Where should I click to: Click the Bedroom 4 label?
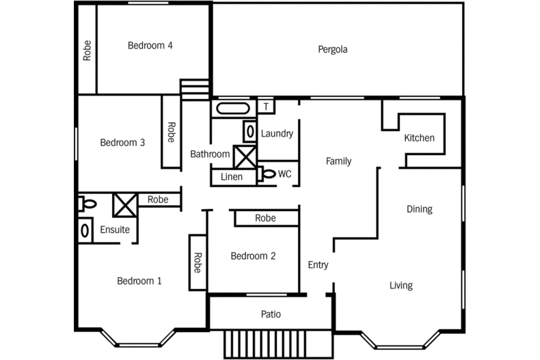pos(150,46)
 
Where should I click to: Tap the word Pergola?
pos(333,49)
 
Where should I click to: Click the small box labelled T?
pos(266,107)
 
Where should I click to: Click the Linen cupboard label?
pos(232,177)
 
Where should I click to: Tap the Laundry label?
pos(277,133)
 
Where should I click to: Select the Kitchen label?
pos(419,138)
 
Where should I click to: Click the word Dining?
pos(419,209)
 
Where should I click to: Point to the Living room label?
pos(401,286)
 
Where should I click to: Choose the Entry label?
pos(318,265)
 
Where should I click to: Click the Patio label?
pos(271,315)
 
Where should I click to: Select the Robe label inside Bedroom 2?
pos(265,218)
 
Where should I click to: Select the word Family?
pos(338,161)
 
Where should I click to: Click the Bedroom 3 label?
pos(122,143)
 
